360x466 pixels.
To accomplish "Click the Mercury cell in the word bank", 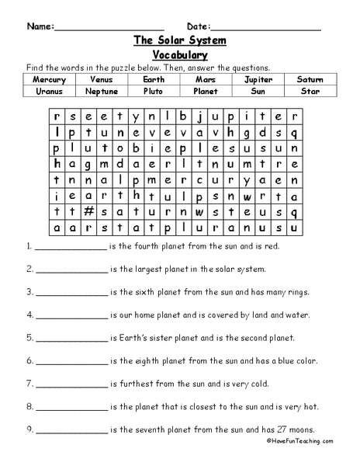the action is (x=50, y=79).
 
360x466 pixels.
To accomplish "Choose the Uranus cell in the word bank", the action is (x=50, y=91).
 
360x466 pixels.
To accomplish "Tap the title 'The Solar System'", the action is (x=180, y=41).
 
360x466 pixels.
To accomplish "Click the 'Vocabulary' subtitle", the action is (x=180, y=55).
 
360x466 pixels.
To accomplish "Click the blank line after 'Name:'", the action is (x=109, y=28).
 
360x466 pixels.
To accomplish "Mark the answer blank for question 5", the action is (x=71, y=340).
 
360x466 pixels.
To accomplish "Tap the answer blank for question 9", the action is (x=71, y=431).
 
